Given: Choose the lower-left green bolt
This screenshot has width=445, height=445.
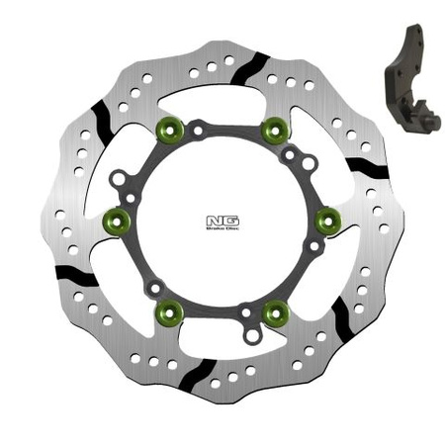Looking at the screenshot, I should pyautogui.click(x=170, y=313).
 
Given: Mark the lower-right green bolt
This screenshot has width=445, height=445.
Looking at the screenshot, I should pyautogui.click(x=275, y=313).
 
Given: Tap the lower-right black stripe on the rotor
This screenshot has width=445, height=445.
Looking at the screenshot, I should pyautogui.click(x=341, y=316).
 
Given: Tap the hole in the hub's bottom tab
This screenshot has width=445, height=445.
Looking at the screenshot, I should pyautogui.click(x=252, y=336).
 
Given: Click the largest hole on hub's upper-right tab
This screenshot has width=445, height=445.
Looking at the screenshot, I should pyautogui.click(x=309, y=162).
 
